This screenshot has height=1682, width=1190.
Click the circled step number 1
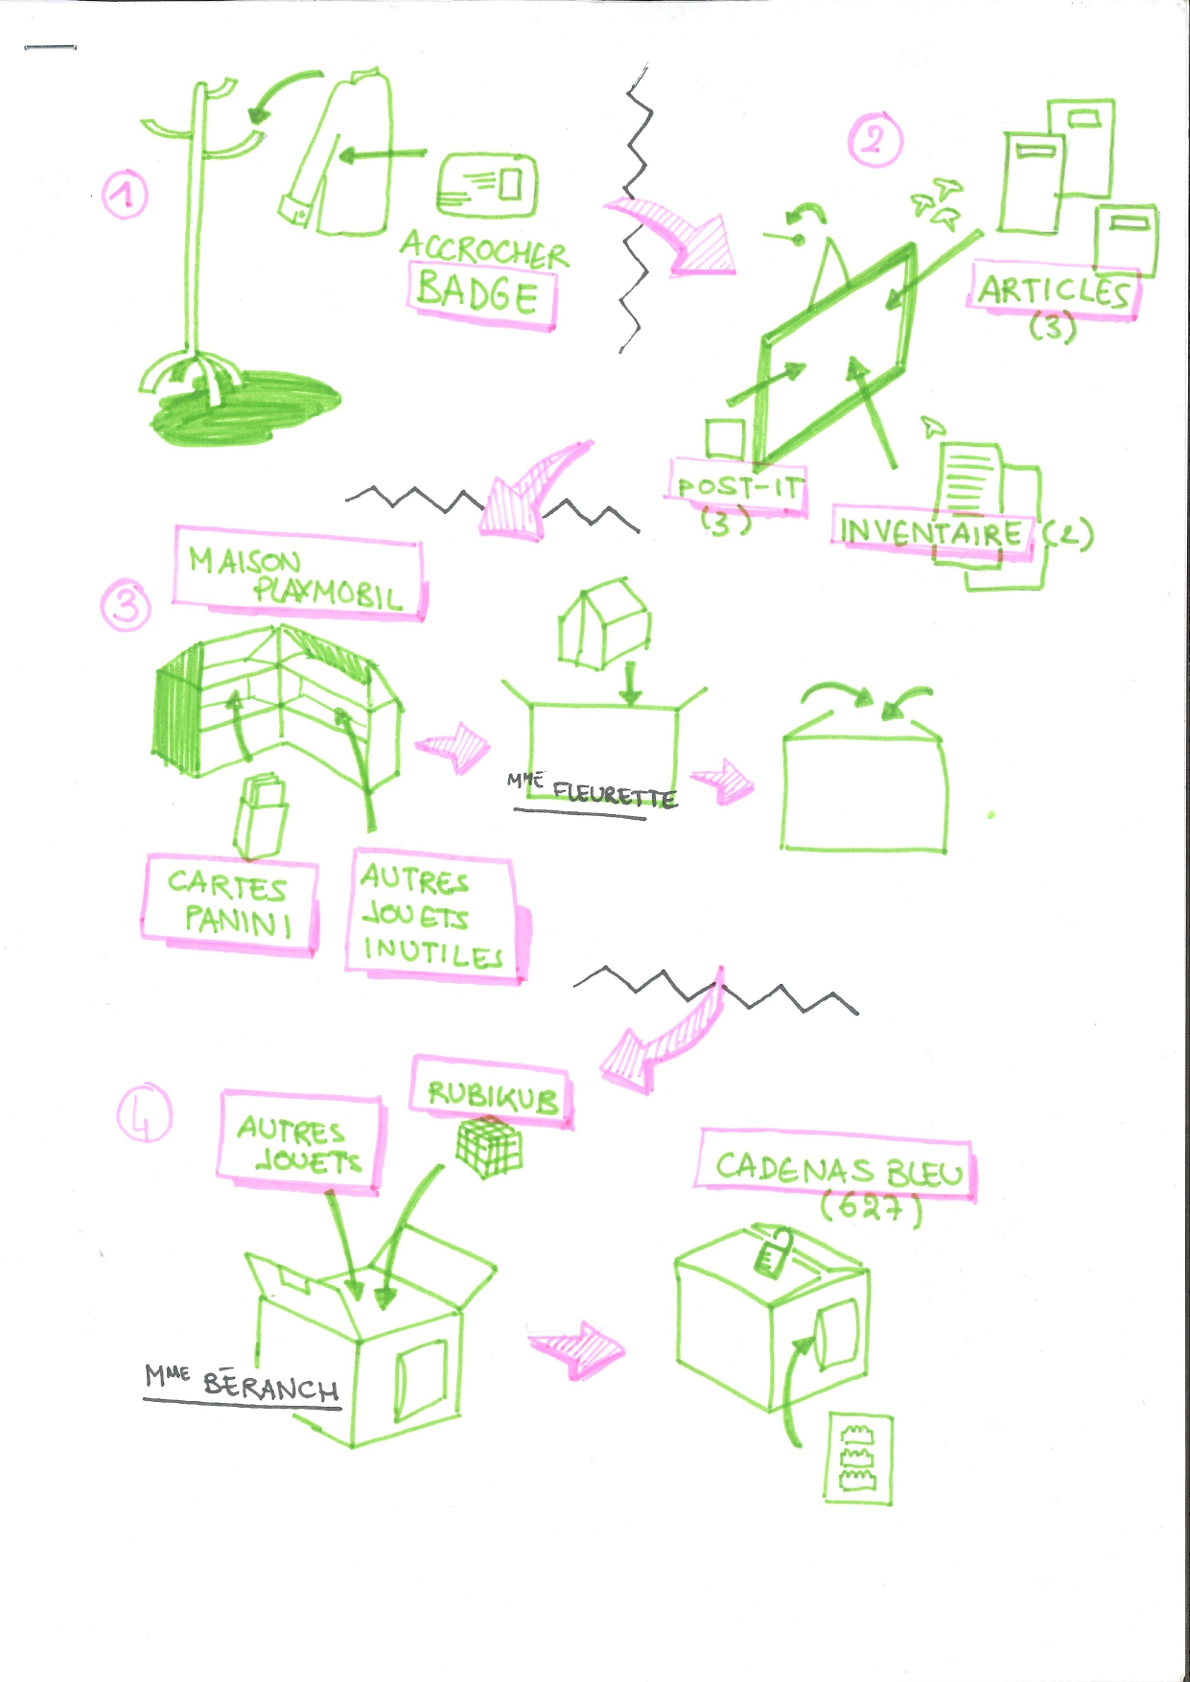(125, 195)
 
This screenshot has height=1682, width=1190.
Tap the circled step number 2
(875, 140)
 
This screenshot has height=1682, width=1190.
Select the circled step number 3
(127, 607)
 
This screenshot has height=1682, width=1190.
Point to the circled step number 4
(145, 1115)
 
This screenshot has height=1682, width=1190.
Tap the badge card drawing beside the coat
(486, 185)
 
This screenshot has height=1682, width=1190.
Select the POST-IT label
(737, 486)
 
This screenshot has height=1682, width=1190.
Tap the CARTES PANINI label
(229, 903)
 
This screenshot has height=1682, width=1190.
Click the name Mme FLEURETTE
(592, 790)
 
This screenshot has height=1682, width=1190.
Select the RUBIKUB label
(492, 1094)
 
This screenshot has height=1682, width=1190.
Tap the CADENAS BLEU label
(837, 1168)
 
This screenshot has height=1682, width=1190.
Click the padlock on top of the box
(772, 1252)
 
